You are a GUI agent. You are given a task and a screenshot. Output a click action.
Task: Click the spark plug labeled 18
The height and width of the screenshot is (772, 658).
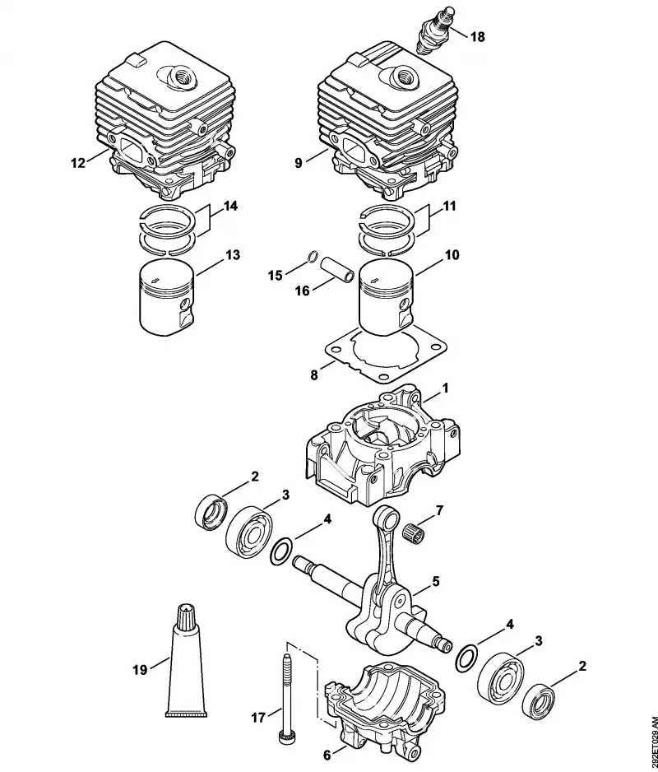pos(433,31)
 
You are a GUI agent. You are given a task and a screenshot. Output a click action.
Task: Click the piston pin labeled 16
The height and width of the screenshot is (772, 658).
pos(337,269)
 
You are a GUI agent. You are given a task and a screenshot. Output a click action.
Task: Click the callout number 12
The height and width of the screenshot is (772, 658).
pos(78,162)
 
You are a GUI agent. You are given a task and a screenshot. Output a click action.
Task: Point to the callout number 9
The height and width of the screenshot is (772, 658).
pos(299,163)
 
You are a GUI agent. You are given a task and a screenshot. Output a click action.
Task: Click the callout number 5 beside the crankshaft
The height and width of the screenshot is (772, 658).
pos(436,581)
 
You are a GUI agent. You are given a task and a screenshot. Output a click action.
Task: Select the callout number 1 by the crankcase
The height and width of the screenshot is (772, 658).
pos(446,388)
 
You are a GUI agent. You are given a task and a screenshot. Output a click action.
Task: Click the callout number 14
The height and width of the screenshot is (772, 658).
pos(229,205)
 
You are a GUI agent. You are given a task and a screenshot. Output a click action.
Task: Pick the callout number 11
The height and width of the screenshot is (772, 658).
pos(448,205)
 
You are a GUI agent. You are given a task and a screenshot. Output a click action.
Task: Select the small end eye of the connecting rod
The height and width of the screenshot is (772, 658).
pos(386,517)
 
